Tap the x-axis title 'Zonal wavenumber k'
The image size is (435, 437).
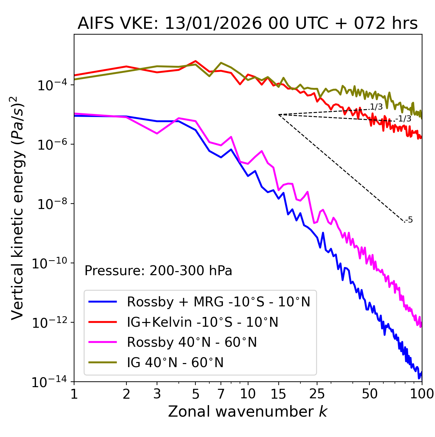247,412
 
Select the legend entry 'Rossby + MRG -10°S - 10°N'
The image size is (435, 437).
219,302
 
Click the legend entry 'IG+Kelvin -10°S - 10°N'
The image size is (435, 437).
203,322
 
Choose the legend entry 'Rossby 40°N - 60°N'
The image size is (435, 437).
192,342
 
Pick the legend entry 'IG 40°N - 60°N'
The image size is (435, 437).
175,363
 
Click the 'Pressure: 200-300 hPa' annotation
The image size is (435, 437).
158,271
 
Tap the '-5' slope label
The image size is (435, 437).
409,220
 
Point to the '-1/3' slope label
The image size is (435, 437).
404,119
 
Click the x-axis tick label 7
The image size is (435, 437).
221,394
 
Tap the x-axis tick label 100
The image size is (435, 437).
422,394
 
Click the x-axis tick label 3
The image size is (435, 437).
157,394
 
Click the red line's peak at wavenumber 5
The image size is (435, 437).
195,61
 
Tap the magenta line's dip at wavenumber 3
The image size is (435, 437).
157,133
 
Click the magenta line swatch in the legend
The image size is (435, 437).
103,342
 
